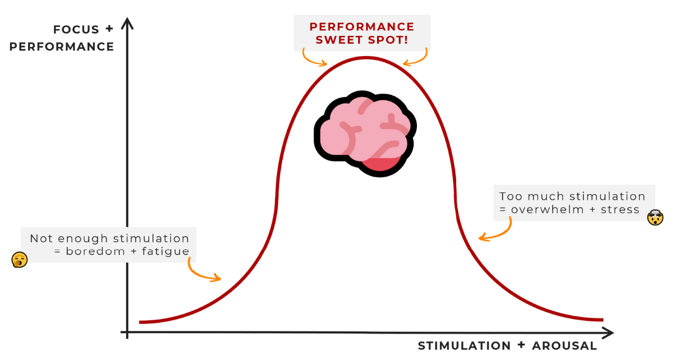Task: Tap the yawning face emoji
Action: click(x=20, y=260)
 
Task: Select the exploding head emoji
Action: click(x=655, y=217)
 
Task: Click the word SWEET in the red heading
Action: click(x=338, y=40)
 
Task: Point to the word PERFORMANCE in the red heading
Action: click(x=362, y=26)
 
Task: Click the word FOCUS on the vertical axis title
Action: click(x=76, y=29)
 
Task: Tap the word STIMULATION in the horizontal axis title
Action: click(x=464, y=345)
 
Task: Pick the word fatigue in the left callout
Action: click(x=166, y=251)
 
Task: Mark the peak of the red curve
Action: click(x=365, y=57)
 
